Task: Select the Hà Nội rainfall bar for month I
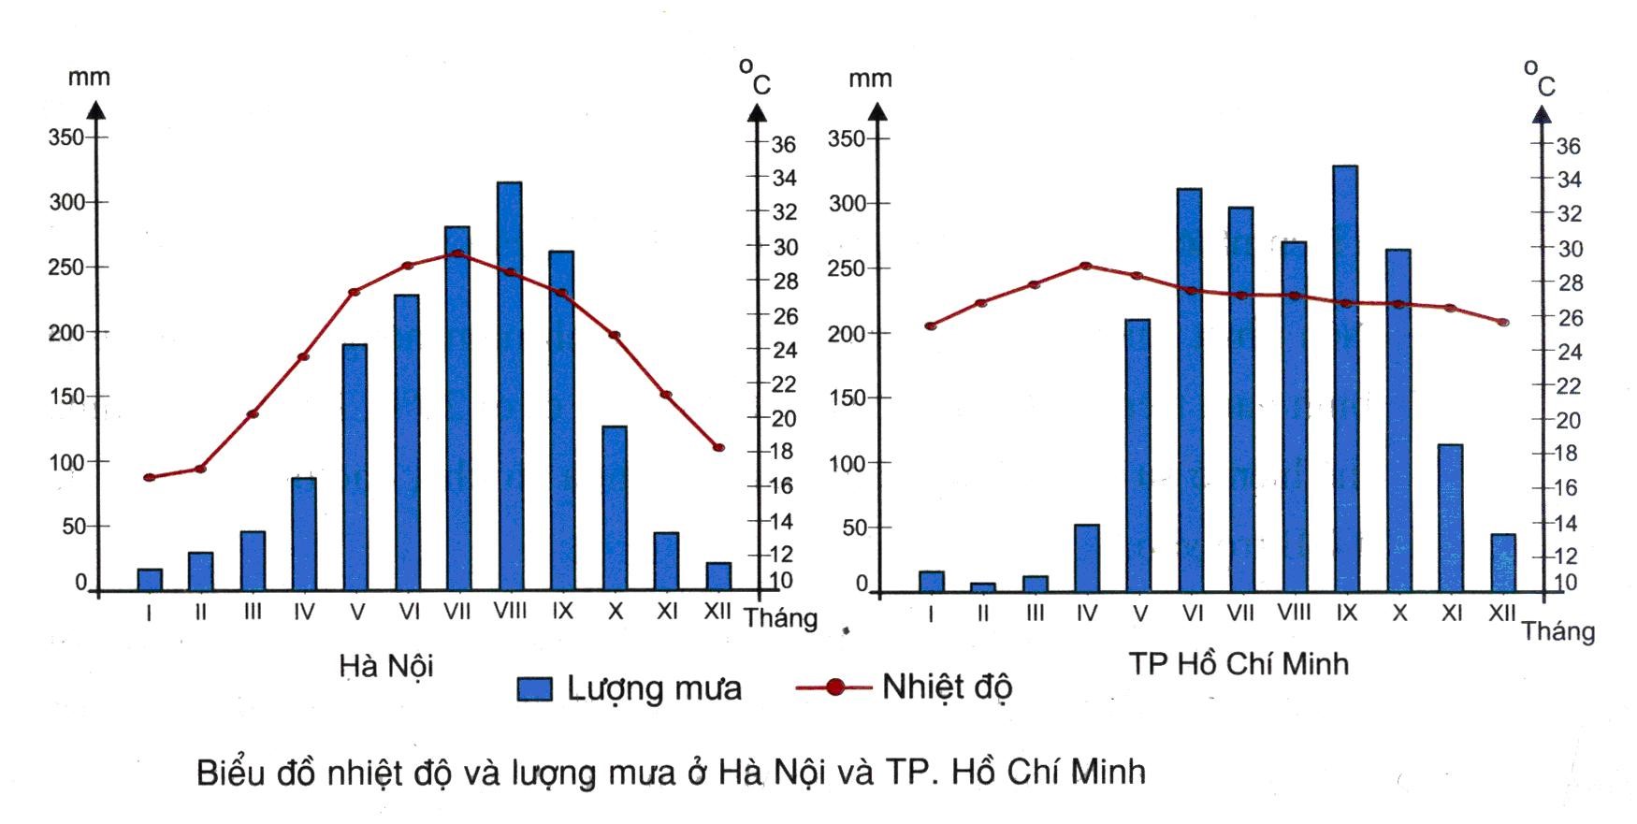tap(150, 580)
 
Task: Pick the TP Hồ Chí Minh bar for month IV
tap(1086, 557)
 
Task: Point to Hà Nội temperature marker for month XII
tap(717, 448)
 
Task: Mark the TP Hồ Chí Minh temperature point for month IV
tap(1086, 266)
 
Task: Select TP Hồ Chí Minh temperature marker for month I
tap(930, 326)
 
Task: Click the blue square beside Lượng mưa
tap(535, 689)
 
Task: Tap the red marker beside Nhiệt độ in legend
tap(835, 687)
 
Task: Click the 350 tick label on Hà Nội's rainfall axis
tap(65, 137)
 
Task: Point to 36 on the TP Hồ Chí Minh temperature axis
tap(1568, 146)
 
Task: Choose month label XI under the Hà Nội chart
tap(667, 612)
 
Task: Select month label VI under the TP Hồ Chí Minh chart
tap(1192, 614)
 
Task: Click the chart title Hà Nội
tap(386, 666)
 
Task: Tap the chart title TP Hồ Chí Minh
tap(1238, 664)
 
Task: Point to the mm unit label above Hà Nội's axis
tap(89, 77)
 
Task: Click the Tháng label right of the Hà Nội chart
tap(780, 618)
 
